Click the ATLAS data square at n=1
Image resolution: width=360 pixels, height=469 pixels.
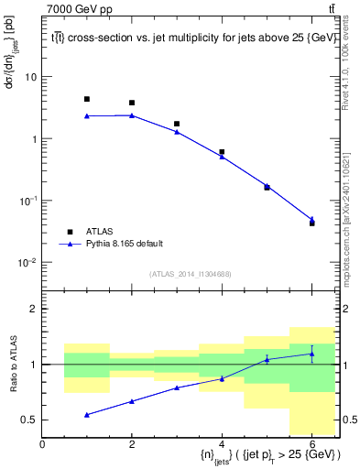tap(87, 99)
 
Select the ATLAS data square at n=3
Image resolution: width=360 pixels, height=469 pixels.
tap(177, 124)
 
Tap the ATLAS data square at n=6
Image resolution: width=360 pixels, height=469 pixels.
tap(311, 224)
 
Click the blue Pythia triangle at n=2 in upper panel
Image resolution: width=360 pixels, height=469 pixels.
tap(132, 115)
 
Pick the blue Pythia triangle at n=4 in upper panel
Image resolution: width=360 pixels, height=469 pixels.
tap(222, 157)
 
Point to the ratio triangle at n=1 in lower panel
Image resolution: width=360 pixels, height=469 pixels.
tap(87, 415)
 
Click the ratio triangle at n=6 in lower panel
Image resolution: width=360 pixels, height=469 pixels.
tap(311, 354)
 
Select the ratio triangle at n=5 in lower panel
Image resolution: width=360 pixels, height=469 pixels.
tap(267, 360)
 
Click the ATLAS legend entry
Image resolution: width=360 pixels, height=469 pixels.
tap(96, 232)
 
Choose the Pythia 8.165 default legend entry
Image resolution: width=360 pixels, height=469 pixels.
tap(123, 244)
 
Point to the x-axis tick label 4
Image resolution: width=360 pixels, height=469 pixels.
tap(222, 444)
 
